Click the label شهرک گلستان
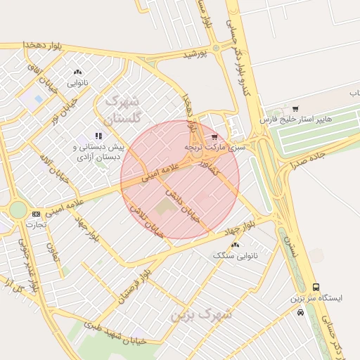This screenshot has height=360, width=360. [131, 110]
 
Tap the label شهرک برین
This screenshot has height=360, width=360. [201, 314]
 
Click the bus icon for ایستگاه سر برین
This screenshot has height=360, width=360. [316, 287]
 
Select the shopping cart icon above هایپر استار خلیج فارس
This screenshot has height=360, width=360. [295, 109]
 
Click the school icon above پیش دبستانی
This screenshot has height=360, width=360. [98, 135]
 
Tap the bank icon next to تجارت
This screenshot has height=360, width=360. [36, 214]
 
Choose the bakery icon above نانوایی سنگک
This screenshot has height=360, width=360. [235, 245]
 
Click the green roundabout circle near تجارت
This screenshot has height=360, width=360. [18, 210]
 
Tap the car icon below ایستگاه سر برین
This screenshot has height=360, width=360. [301, 312]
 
